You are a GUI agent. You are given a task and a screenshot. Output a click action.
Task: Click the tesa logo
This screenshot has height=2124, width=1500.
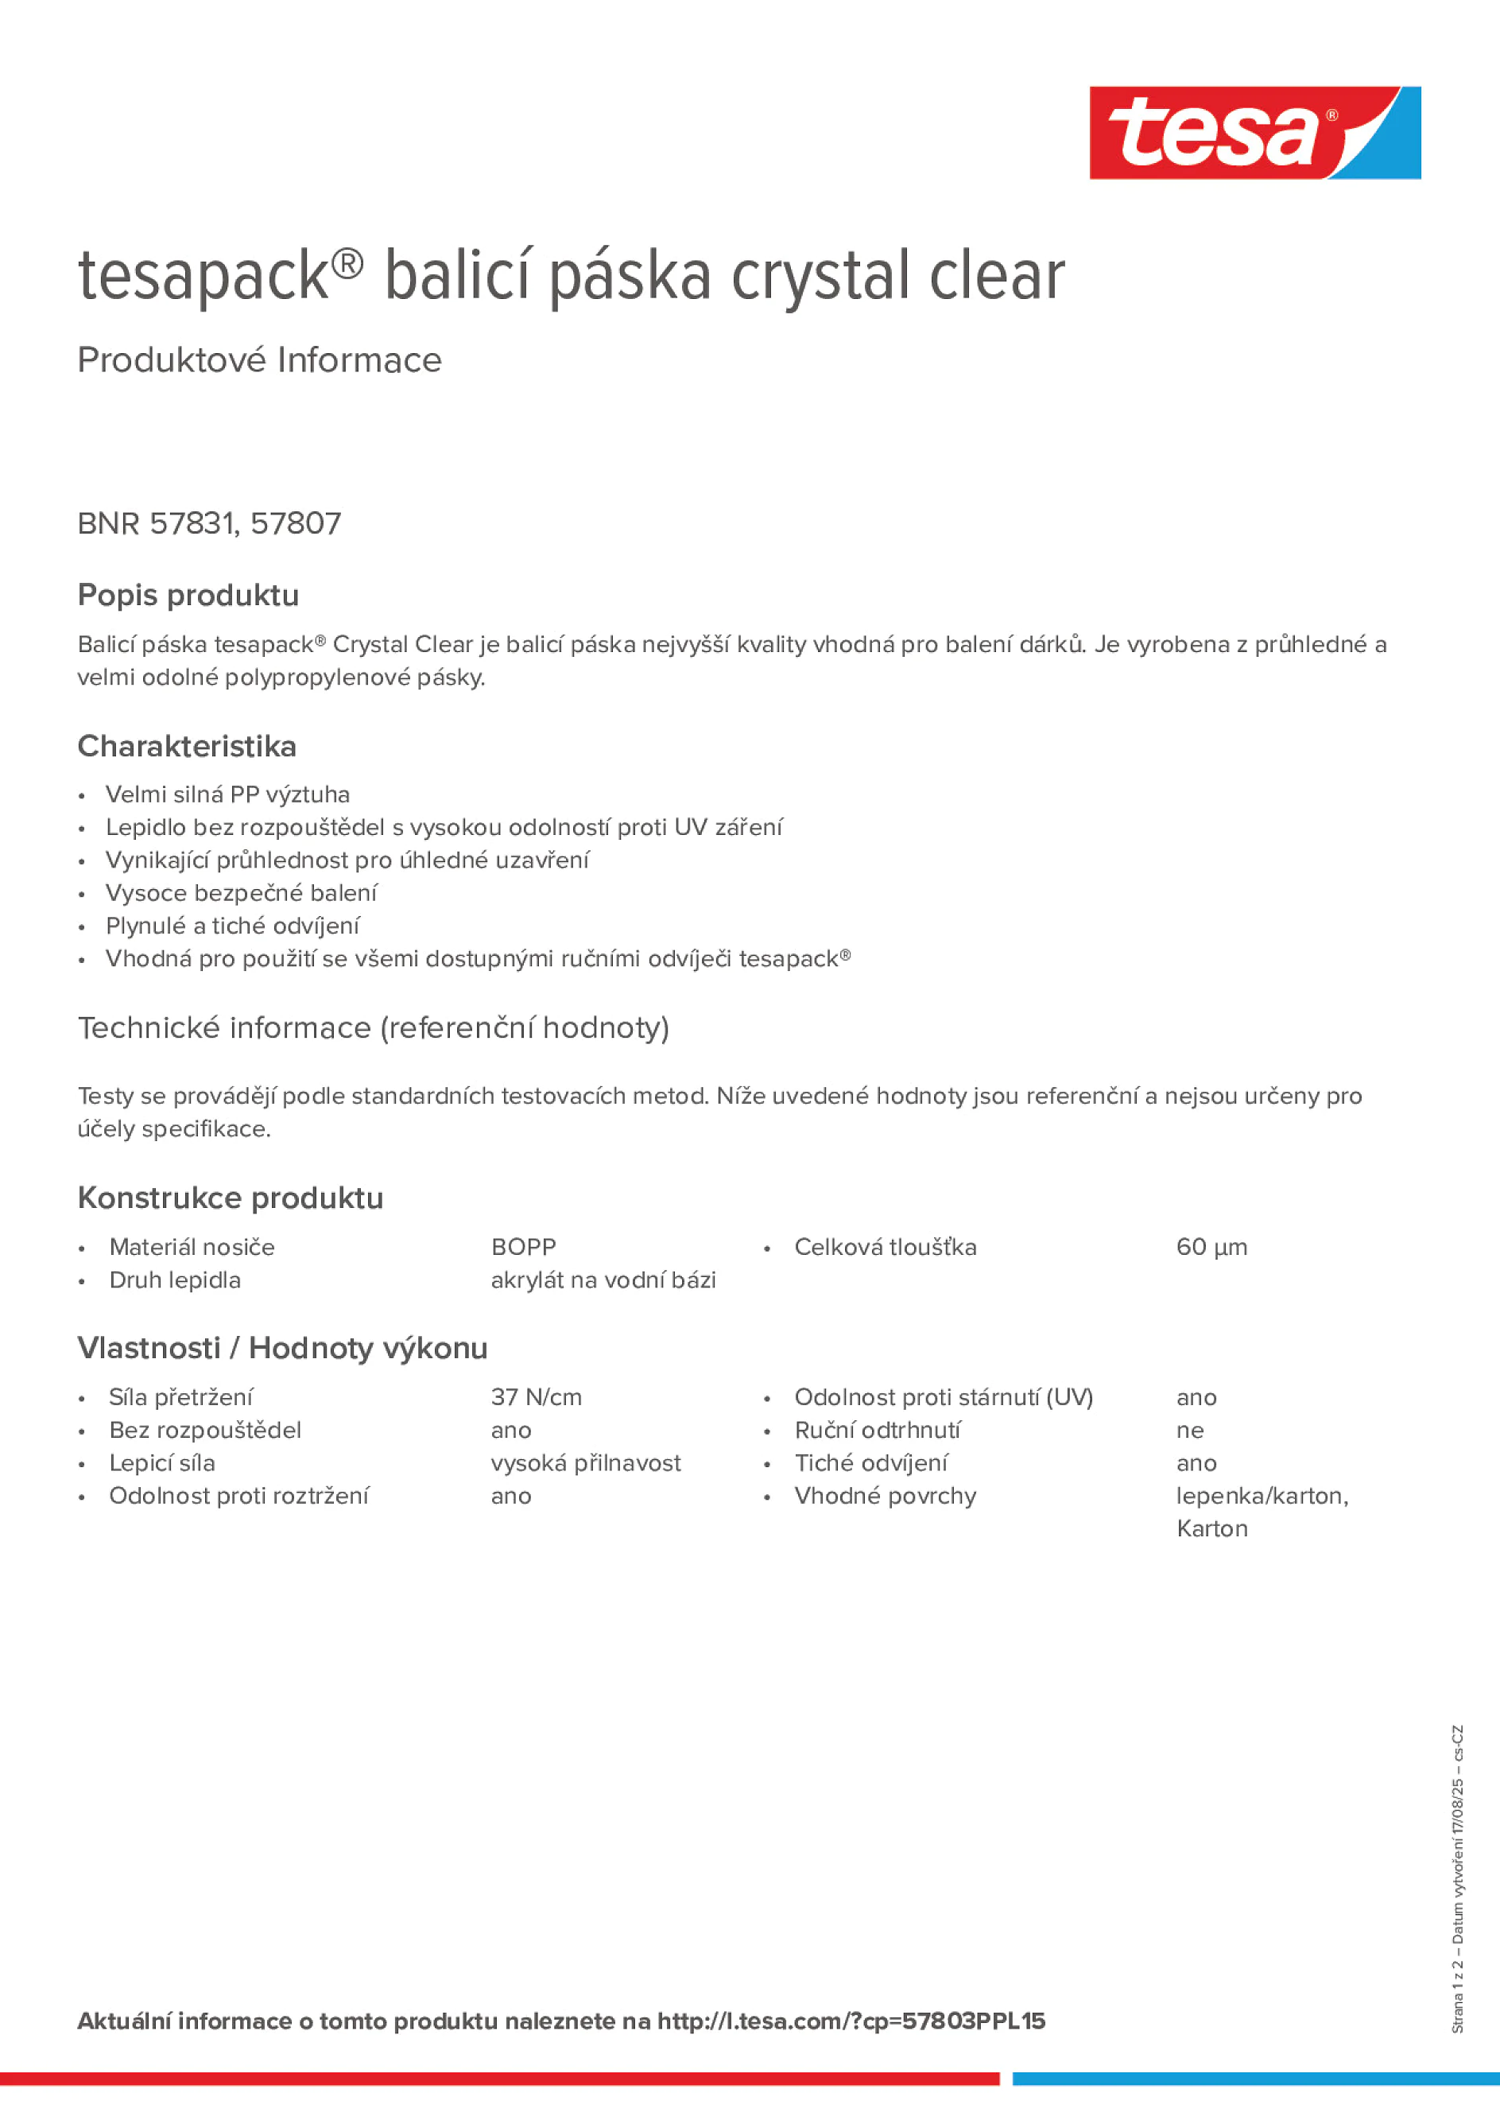pyautogui.click(x=1254, y=134)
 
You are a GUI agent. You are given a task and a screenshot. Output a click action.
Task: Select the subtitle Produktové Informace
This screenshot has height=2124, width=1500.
pyautogui.click(x=259, y=360)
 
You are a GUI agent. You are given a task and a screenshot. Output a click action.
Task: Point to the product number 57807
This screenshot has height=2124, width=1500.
pyautogui.click(x=296, y=523)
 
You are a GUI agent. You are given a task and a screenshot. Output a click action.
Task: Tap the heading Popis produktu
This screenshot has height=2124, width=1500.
pyautogui.click(x=188, y=595)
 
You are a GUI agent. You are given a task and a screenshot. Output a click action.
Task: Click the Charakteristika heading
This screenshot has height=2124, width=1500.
pyautogui.click(x=187, y=746)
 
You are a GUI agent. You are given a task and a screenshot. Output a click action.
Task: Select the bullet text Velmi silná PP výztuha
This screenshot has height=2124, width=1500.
pyautogui.click(x=227, y=794)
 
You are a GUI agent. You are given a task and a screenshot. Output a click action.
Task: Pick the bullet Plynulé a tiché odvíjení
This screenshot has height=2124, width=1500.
pyautogui.click(x=232, y=925)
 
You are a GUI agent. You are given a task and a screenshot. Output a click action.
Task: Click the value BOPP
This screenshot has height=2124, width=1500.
pyautogui.click(x=523, y=1247)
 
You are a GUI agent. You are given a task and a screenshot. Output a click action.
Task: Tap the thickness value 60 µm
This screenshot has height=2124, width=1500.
pyautogui.click(x=1211, y=1247)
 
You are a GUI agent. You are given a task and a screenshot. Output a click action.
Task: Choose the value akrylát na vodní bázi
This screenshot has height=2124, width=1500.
pyautogui.click(x=603, y=1279)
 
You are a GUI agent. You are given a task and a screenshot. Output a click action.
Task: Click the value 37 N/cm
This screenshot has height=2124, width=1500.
pyautogui.click(x=537, y=1397)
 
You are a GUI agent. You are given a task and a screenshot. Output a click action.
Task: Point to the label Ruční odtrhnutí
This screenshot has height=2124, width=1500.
pyautogui.click(x=877, y=1431)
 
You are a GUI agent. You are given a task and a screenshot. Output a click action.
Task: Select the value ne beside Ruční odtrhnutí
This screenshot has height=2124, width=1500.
pyautogui.click(x=1189, y=1431)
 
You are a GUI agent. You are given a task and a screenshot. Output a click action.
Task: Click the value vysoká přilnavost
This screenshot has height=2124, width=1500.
pyautogui.click(x=585, y=1462)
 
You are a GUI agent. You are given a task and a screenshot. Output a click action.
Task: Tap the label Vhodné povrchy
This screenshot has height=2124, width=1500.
pyautogui.click(x=885, y=1496)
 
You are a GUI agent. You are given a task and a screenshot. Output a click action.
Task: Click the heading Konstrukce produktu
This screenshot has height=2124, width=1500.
pyautogui.click(x=231, y=1198)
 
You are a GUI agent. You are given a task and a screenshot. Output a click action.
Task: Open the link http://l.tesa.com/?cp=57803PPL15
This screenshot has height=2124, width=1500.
pyautogui.click(x=851, y=2021)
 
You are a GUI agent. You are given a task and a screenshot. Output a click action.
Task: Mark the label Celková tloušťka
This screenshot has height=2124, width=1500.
pyautogui.click(x=885, y=1247)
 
